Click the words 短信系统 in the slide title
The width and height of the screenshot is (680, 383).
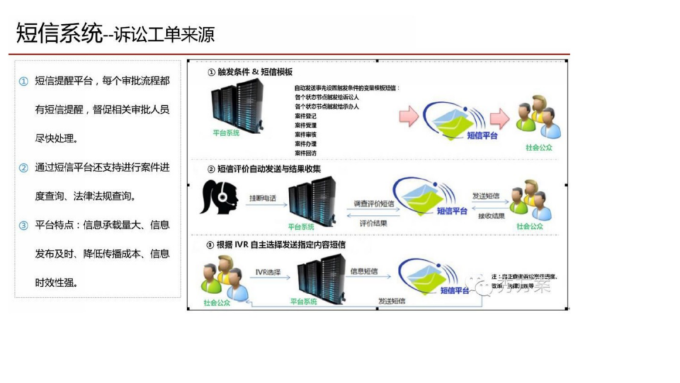point(59,33)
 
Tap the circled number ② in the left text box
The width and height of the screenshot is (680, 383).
point(23,168)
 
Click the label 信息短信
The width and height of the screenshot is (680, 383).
point(365,272)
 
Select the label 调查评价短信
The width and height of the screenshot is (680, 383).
point(373,203)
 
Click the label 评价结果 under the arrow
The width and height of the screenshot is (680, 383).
point(373,223)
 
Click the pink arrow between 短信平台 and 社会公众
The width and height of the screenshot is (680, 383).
point(500,118)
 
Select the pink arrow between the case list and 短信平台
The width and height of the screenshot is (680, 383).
point(409,116)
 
